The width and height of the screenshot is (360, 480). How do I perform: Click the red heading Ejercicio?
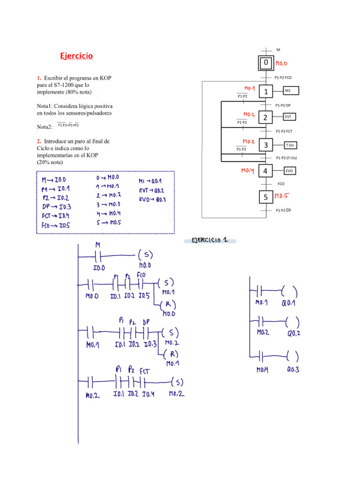tap(76, 56)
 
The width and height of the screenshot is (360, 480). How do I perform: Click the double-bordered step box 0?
tap(266, 63)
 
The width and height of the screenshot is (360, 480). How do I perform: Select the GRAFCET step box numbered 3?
tap(266, 146)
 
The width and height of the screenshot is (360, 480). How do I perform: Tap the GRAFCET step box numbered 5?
tap(266, 197)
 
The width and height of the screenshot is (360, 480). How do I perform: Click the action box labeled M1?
tap(291, 90)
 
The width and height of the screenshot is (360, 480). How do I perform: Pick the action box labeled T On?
tap(291, 146)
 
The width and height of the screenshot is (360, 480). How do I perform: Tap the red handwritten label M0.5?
tap(282, 196)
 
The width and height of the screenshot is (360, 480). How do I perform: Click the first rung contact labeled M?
tap(98, 256)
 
